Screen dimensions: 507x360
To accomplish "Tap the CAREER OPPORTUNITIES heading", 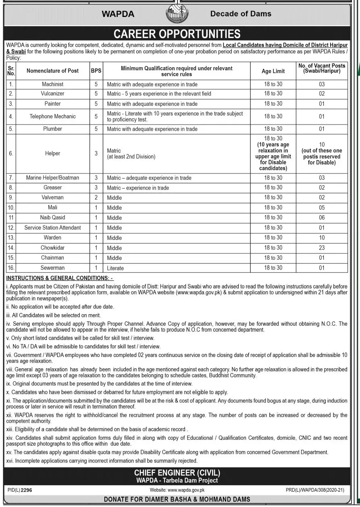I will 177,33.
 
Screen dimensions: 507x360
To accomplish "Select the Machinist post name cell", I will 52,84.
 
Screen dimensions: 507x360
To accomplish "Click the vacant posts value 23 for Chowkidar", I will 321,248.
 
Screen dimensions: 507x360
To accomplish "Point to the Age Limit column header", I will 273,71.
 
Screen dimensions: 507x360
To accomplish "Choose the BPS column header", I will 96,71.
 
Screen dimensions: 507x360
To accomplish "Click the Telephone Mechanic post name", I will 52,117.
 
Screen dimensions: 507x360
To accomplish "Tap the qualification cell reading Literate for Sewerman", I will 115,268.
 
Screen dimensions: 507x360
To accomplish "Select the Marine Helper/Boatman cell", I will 52,177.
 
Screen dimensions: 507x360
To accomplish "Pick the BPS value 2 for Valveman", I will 96,198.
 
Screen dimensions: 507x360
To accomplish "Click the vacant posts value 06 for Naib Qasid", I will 321,218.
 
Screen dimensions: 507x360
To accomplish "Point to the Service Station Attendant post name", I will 52,227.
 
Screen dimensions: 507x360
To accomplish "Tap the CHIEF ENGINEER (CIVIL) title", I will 177,473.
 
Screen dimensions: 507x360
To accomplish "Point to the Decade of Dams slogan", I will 241,14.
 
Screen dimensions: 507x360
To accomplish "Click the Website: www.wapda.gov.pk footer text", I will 177,490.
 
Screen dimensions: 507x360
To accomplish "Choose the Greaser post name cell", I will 52,188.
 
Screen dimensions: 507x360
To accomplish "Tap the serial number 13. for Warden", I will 11,238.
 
